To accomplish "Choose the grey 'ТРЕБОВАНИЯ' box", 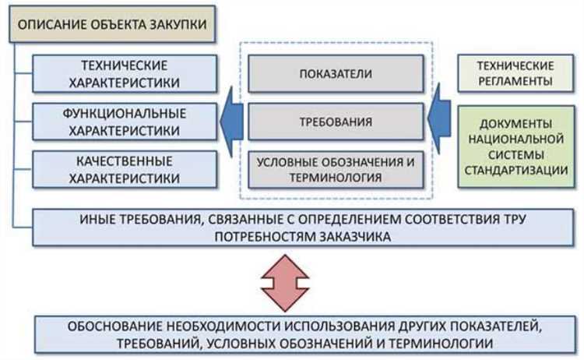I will click(x=336, y=122).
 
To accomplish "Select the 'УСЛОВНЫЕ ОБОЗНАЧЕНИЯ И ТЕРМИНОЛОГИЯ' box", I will click(x=336, y=169).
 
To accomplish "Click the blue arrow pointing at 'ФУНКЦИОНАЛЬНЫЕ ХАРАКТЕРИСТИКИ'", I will click(x=230, y=122).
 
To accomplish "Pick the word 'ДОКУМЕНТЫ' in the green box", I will click(x=516, y=123).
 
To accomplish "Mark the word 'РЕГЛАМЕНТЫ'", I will click(x=516, y=81).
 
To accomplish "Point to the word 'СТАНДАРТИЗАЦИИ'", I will click(x=516, y=171).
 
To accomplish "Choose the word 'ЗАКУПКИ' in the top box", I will click(x=181, y=24).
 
